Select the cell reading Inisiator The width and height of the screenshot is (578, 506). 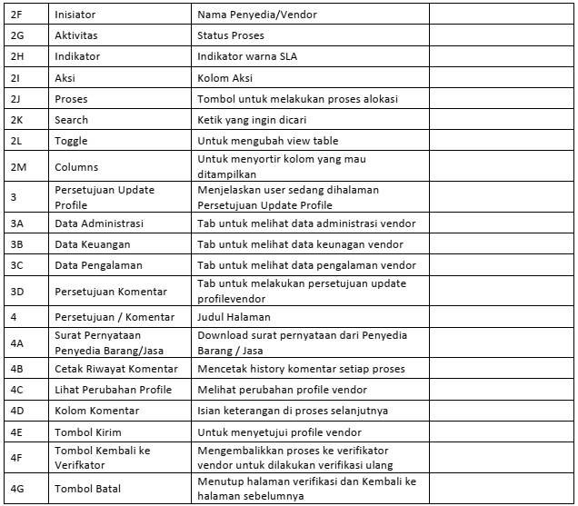click(x=76, y=15)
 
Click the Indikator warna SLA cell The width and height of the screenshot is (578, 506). click(x=247, y=56)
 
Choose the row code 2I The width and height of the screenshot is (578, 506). click(x=15, y=78)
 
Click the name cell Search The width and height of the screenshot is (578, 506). click(x=72, y=120)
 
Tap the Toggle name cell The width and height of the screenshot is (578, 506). click(x=71, y=141)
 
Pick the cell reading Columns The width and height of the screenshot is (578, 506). click(x=76, y=167)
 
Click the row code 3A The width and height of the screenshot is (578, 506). click(x=17, y=223)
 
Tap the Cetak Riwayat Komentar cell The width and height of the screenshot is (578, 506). click(x=116, y=369)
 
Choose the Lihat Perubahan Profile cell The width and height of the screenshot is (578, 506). click(x=113, y=390)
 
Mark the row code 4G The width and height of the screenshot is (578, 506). click(x=17, y=489)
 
